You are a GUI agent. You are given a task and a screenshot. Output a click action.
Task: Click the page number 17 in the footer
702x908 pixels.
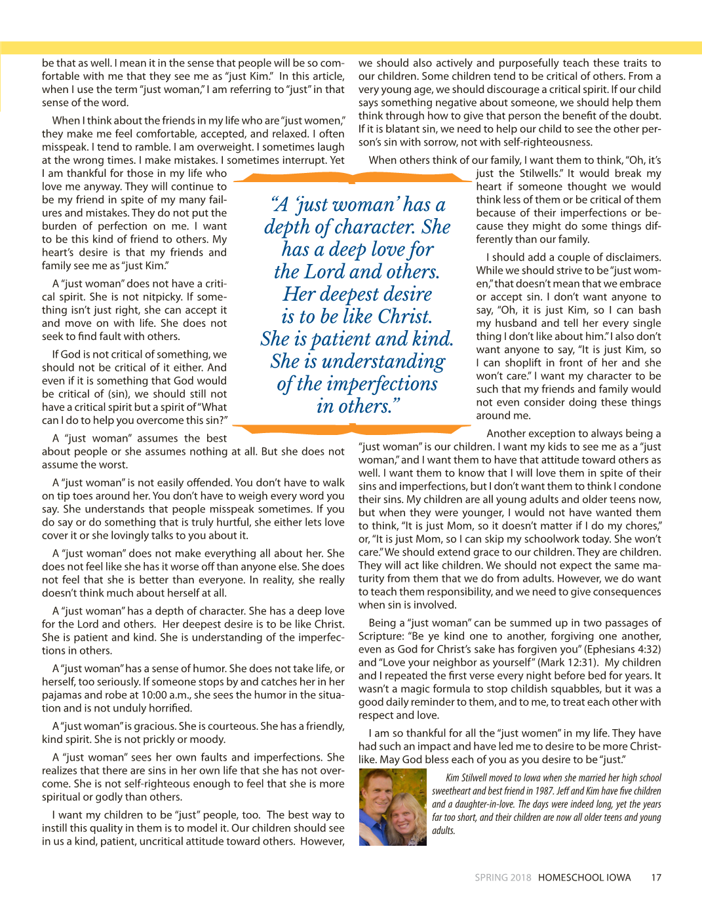[656, 878]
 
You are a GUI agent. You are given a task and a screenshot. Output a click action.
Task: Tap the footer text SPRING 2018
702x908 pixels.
[503, 878]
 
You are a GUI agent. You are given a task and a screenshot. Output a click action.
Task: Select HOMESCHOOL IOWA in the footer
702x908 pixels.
[584, 878]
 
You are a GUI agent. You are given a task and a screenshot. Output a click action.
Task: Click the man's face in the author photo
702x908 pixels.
[379, 793]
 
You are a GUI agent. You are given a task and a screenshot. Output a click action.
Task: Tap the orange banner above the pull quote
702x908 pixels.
[355, 177]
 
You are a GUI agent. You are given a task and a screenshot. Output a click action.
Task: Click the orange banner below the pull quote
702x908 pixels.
[355, 429]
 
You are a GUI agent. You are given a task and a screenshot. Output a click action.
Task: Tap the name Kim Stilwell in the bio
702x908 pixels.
[465, 778]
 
